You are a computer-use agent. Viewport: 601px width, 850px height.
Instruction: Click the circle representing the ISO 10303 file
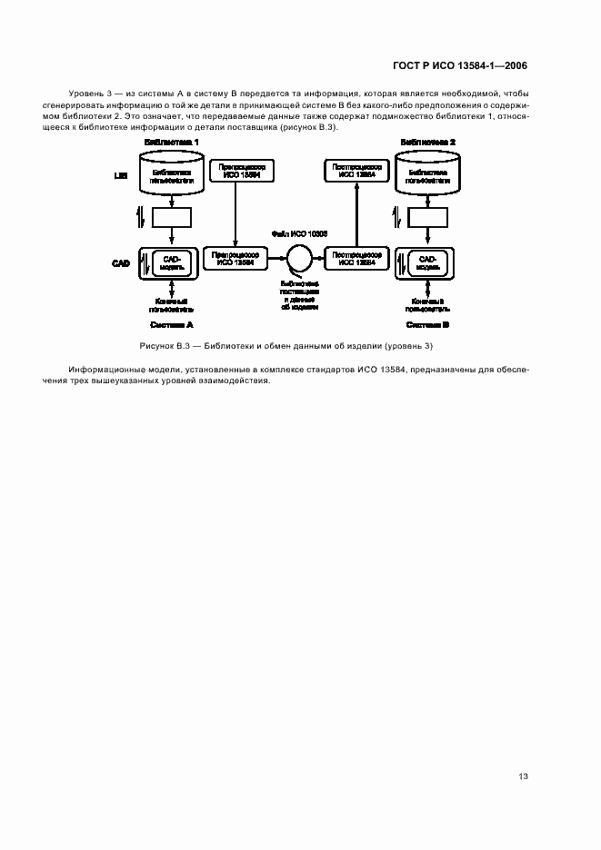[299, 259]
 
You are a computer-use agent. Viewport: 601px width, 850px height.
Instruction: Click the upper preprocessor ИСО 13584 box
[235, 172]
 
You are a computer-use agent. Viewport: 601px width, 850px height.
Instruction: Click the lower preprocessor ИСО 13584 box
[235, 259]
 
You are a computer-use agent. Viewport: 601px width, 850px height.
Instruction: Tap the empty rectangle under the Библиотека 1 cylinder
[171, 218]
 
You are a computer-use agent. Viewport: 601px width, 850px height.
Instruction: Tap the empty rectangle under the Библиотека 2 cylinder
[428, 218]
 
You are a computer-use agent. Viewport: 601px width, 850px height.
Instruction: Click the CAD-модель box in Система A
[173, 262]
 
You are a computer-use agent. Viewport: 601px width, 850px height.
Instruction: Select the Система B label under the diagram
[428, 324]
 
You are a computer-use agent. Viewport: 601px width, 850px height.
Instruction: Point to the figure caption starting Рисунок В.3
[299, 347]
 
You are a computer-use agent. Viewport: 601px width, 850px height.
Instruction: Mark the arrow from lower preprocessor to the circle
[275, 259]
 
